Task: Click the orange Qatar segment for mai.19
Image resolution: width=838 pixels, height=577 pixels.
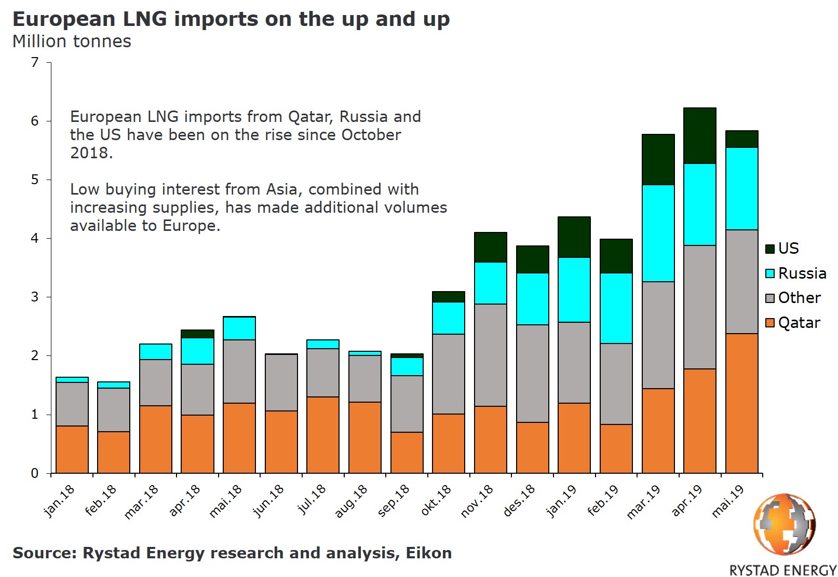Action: (x=741, y=403)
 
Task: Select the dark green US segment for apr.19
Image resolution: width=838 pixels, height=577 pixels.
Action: (x=699, y=136)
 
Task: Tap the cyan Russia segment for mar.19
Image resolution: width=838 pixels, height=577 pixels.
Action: (x=658, y=233)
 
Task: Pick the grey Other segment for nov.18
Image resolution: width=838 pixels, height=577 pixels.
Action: (x=490, y=355)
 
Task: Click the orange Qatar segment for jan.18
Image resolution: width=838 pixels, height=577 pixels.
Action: (x=72, y=449)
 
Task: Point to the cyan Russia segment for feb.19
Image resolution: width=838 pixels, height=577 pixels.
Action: (x=616, y=308)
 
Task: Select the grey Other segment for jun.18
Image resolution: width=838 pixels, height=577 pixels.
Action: (x=281, y=382)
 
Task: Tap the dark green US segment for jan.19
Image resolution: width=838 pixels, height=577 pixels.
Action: (x=574, y=237)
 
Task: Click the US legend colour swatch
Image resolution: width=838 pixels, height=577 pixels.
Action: (x=770, y=249)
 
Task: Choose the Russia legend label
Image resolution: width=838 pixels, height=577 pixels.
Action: (x=802, y=273)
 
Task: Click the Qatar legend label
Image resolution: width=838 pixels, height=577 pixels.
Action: (x=799, y=323)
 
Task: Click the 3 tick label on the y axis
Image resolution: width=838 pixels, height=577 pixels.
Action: (x=35, y=297)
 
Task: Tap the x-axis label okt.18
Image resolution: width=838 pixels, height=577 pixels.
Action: (x=436, y=501)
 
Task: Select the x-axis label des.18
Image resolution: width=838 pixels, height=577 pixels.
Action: (x=519, y=501)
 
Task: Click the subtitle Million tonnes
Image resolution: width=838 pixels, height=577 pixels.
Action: (x=72, y=42)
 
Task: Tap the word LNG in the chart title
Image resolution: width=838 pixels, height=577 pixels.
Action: (x=144, y=19)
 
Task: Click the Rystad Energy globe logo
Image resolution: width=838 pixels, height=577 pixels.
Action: (x=784, y=524)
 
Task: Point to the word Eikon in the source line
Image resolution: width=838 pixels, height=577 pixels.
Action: (x=428, y=553)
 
